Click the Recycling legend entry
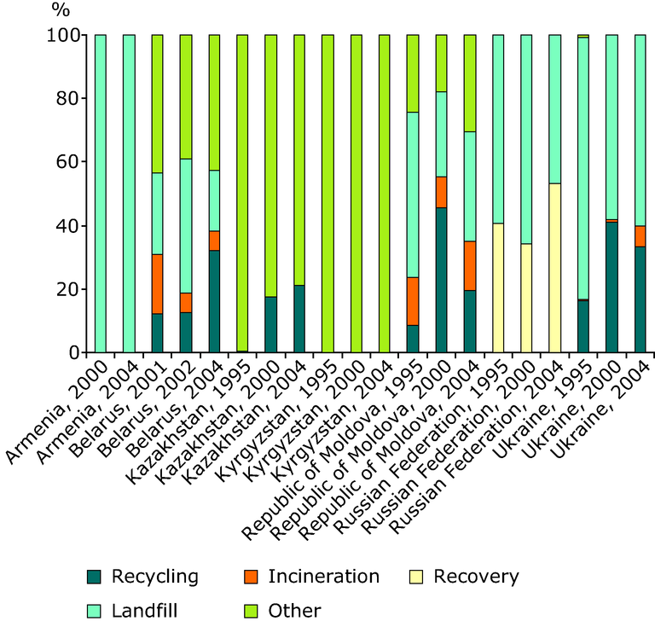(x=142, y=577)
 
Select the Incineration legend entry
(x=311, y=577)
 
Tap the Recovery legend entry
(x=464, y=577)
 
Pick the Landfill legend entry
(x=132, y=611)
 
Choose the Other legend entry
(x=283, y=611)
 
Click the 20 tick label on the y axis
(x=67, y=289)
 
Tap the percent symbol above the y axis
(x=61, y=9)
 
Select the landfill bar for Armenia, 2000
(x=101, y=194)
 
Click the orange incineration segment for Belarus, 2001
(x=158, y=284)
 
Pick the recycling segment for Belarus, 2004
(x=214, y=301)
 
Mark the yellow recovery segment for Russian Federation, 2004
(x=554, y=268)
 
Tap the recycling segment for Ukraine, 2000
(x=612, y=287)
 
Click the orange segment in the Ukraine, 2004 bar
(x=641, y=236)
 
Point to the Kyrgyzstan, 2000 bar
(x=356, y=194)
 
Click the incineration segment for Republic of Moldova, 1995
(x=413, y=301)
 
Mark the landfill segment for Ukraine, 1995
(x=583, y=168)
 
